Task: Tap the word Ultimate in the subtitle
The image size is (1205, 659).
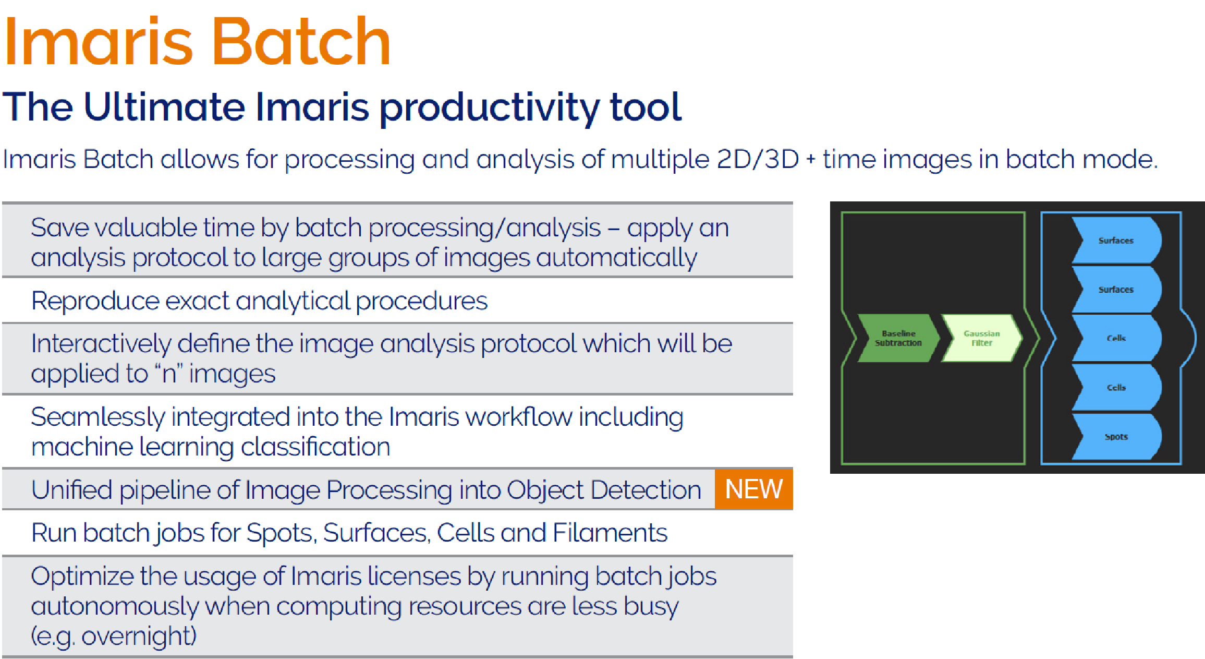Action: click(x=164, y=107)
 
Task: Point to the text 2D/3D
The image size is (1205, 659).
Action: click(x=758, y=159)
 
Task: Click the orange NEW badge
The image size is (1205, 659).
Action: click(x=754, y=489)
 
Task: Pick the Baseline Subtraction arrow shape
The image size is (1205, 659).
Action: click(x=898, y=338)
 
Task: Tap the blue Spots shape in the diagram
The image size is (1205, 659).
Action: click(x=1116, y=437)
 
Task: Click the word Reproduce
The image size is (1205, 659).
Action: click(x=95, y=302)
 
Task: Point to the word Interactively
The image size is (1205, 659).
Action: click(x=101, y=344)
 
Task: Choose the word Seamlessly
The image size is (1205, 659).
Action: click(x=98, y=418)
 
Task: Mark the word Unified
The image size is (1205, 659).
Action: click(x=72, y=490)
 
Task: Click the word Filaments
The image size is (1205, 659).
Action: click(x=610, y=533)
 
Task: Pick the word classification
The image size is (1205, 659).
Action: click(x=315, y=447)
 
